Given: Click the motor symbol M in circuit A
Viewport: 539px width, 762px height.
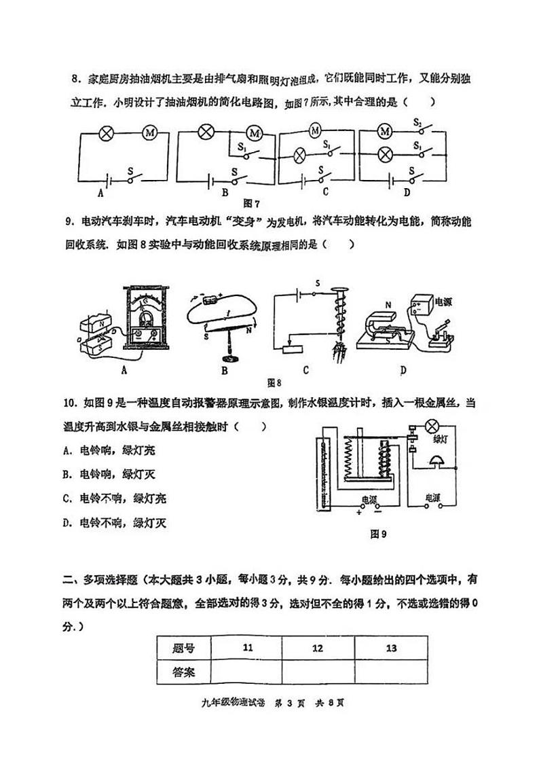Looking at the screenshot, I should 150,132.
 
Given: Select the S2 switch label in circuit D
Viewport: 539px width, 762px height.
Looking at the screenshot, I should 418,123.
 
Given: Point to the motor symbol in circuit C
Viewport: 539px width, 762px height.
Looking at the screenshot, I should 314,128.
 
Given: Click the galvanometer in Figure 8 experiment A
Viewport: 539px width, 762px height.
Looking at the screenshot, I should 143,319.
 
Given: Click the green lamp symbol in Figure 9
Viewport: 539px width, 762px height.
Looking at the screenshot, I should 432,426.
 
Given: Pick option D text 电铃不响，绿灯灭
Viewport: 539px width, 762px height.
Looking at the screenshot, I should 118,522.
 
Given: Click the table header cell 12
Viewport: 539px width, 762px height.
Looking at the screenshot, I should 317,648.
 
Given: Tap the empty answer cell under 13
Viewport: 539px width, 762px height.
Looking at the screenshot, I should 390,672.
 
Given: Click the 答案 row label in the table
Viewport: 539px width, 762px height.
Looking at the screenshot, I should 183,672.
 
